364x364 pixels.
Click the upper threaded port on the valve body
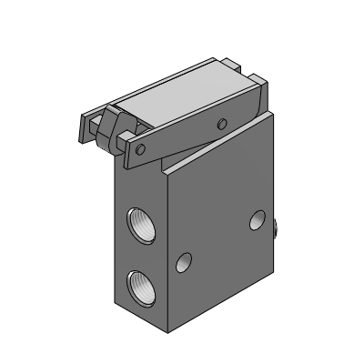141,223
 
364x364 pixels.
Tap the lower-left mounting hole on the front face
185,264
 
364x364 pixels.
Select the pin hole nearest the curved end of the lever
221,122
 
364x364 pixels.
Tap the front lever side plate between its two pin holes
182,136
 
